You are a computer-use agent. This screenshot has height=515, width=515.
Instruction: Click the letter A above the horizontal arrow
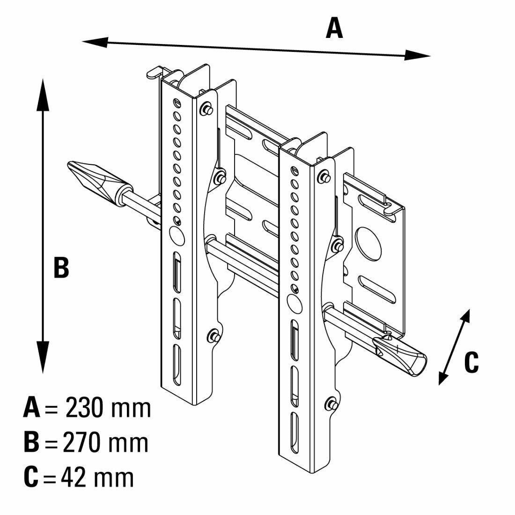point(334,29)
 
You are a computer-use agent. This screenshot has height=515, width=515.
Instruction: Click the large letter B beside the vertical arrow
point(61,268)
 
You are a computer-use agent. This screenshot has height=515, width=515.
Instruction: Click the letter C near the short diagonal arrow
point(471,362)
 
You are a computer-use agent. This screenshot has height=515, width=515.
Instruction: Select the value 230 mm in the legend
point(108,408)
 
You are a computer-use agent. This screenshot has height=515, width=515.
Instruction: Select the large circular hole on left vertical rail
point(176,235)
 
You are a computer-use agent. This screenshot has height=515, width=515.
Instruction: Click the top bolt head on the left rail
point(205,109)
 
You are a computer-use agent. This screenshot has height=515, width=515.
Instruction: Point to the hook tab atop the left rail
point(155,73)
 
